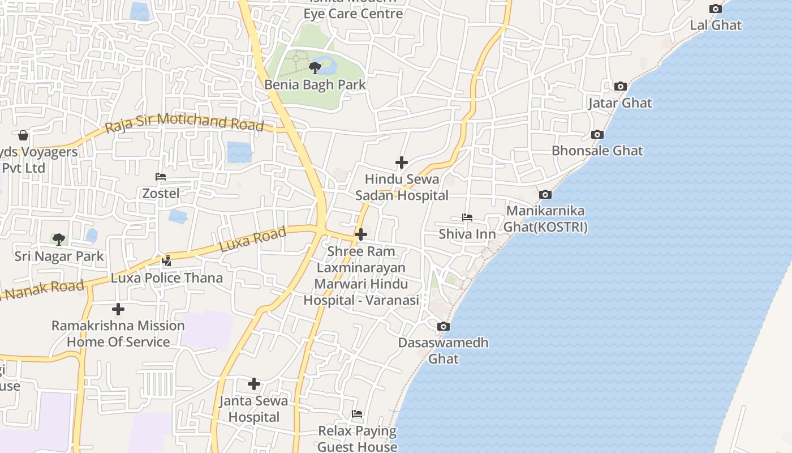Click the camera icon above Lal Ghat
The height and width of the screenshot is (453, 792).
coord(716,9)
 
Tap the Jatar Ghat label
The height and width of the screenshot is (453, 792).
coord(620,103)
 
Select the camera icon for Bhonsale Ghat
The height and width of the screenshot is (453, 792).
coord(597,135)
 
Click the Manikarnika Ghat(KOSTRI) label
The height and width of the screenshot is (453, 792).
coord(546,219)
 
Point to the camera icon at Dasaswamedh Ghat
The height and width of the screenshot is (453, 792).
coord(443,327)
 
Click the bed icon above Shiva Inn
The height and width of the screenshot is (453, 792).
coord(467,217)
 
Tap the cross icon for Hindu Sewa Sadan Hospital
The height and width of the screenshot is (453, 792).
coord(401,163)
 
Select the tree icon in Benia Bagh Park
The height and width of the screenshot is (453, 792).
coord(315,69)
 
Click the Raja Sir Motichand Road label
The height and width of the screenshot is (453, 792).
coord(185,122)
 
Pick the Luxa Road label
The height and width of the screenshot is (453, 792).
coord(252,240)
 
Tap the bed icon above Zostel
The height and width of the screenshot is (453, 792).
coord(161,177)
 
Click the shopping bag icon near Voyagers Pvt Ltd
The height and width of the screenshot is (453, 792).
coord(23,135)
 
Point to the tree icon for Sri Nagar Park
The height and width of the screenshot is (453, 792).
coord(58,240)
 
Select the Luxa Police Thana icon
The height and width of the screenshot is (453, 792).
coord(166,261)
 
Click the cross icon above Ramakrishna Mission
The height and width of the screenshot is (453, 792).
coord(118,309)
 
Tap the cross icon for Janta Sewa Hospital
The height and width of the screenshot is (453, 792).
coord(254,384)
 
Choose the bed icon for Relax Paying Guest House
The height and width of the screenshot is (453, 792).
coord(357,414)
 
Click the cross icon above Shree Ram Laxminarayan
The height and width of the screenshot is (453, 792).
coord(360,234)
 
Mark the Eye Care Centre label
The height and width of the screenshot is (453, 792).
coord(354,14)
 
